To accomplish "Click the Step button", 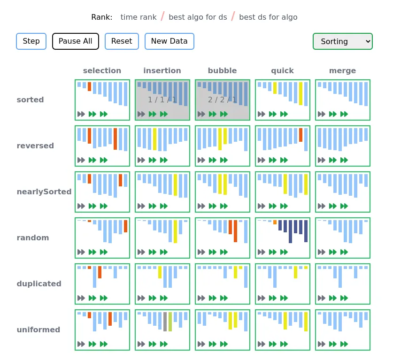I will coord(31,41).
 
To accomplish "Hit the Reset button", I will coord(122,41).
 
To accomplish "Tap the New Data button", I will coord(169,41).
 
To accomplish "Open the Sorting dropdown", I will coord(342,41).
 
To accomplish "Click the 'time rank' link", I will coord(139,17).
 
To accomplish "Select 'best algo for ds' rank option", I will coord(198,17).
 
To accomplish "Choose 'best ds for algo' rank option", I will coord(268,17).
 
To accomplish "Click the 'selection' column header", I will coord(102,71).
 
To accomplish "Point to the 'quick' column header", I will coord(282,71).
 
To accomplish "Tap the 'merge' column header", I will coord(342,71).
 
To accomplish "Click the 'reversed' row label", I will coord(35,146).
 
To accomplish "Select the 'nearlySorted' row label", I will coord(44,192).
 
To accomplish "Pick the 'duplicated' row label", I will coord(39,284).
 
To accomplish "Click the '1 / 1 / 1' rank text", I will coord(162,100).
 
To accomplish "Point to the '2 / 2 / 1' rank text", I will coord(222,100).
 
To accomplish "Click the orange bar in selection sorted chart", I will coord(90,86).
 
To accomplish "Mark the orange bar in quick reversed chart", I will coord(301,135).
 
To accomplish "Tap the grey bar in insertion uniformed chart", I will coord(165,322).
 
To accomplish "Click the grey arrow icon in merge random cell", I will coord(322,252).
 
